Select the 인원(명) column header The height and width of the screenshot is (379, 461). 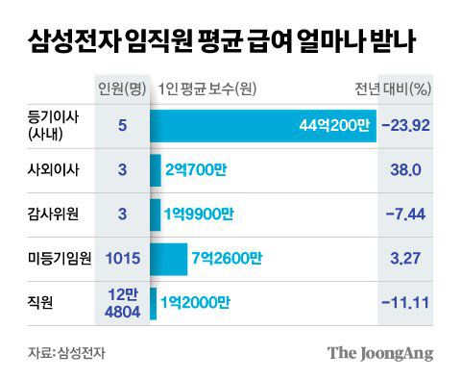(122, 89)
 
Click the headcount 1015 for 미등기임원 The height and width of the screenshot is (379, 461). (122, 258)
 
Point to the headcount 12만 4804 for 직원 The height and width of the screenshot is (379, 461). (122, 302)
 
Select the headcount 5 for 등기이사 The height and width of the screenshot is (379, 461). (122, 125)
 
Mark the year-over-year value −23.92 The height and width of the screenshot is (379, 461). (406, 125)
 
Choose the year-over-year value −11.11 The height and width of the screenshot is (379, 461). (406, 302)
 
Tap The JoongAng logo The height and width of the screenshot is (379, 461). (380, 352)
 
